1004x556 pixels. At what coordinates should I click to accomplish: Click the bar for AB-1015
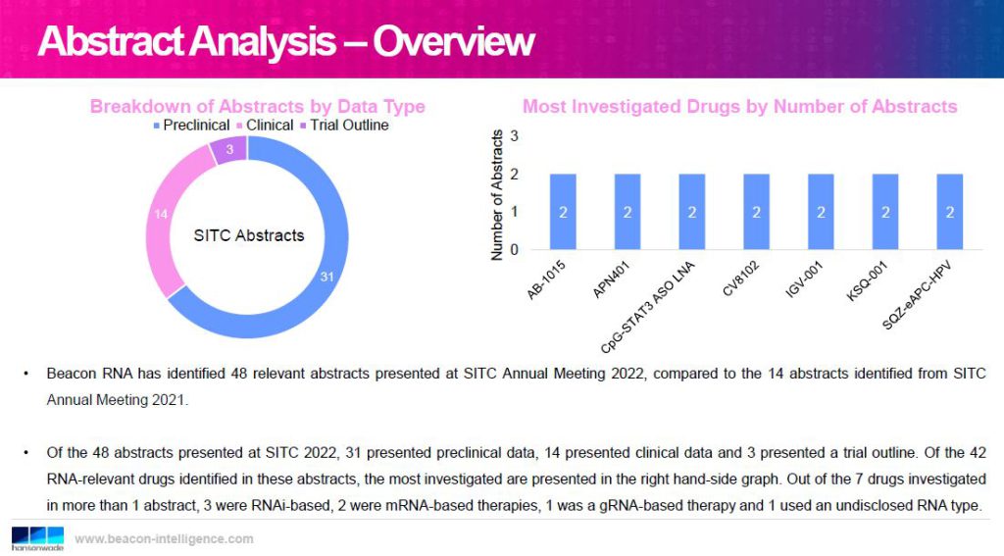click(x=563, y=212)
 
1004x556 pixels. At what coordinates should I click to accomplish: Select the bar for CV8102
click(x=756, y=212)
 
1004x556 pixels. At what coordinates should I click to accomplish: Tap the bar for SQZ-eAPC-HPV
click(x=949, y=212)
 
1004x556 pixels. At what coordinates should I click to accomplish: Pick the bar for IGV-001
click(x=821, y=212)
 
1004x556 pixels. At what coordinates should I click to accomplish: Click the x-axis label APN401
click(x=611, y=279)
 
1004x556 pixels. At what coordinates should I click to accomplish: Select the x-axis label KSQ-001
click(x=867, y=280)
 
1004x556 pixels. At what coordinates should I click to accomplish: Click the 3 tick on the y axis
click(x=514, y=136)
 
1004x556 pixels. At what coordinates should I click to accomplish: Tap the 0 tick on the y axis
click(x=514, y=250)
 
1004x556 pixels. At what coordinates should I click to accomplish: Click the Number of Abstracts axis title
click(x=497, y=195)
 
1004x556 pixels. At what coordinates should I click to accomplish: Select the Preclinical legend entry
click(x=191, y=126)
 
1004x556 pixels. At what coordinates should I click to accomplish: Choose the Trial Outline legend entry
click(x=344, y=126)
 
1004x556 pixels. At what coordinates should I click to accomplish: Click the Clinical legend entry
click(x=265, y=126)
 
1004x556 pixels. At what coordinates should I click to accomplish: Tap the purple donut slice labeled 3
click(x=228, y=150)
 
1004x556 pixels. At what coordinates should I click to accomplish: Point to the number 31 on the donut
click(x=327, y=277)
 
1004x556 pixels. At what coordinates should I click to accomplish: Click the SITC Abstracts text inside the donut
click(x=249, y=235)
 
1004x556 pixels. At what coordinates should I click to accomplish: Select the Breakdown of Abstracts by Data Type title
click(x=258, y=106)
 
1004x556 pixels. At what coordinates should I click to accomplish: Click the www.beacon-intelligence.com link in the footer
click(x=164, y=538)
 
